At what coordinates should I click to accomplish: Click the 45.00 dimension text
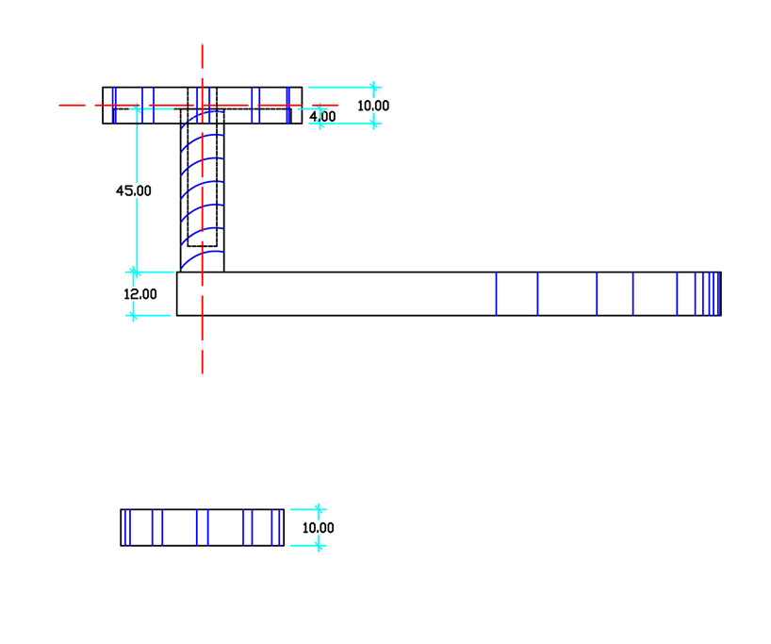pos(133,190)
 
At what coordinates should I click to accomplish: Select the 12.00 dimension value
pos(140,294)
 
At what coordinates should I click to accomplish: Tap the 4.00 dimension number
pos(322,116)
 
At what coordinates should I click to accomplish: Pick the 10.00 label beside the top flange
pos(372,106)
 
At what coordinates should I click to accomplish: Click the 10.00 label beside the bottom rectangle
pos(318,528)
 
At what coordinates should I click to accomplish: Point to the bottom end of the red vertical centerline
pos(202,372)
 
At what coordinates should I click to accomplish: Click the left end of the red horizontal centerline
pos(60,105)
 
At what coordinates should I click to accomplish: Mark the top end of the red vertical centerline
pos(202,44)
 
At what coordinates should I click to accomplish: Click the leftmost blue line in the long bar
pos(496,293)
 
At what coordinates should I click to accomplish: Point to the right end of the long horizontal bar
pos(721,293)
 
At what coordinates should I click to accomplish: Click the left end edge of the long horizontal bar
pos(177,293)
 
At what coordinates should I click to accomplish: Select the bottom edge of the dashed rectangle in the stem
pos(203,246)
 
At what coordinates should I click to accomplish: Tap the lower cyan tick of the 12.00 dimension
pos(133,315)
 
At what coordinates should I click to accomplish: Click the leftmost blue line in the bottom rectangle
pos(127,527)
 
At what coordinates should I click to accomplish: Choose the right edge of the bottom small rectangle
pos(284,527)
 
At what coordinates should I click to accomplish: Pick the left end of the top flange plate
pos(103,105)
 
